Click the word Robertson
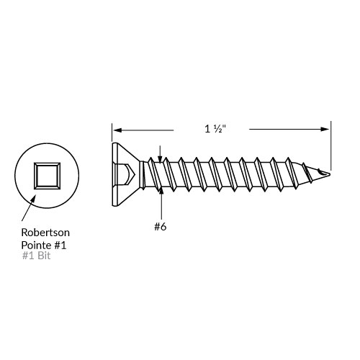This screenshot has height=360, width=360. tap(45, 233)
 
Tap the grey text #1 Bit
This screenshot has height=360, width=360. tap(36, 256)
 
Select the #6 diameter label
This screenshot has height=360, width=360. tap(160, 226)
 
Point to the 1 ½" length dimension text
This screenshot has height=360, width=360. tap(215, 129)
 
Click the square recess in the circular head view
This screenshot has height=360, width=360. tap(47, 176)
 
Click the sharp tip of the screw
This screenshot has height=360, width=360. tap(330, 174)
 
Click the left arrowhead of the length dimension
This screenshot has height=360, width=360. tap(117, 130)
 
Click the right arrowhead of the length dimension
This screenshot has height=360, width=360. tap(325, 129)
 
